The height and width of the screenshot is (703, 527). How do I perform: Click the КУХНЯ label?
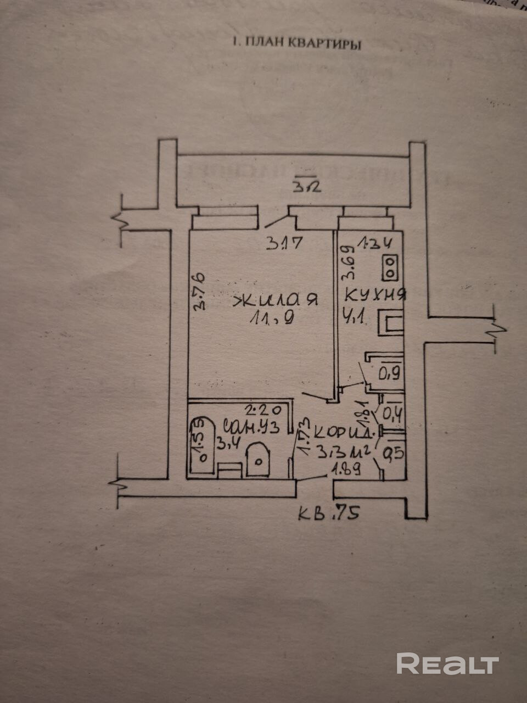pos(375,295)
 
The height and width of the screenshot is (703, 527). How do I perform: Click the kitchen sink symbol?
pos(391,323)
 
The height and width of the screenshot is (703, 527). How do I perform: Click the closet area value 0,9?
pos(388,375)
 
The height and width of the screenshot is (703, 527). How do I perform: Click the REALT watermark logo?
pos(447,663)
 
